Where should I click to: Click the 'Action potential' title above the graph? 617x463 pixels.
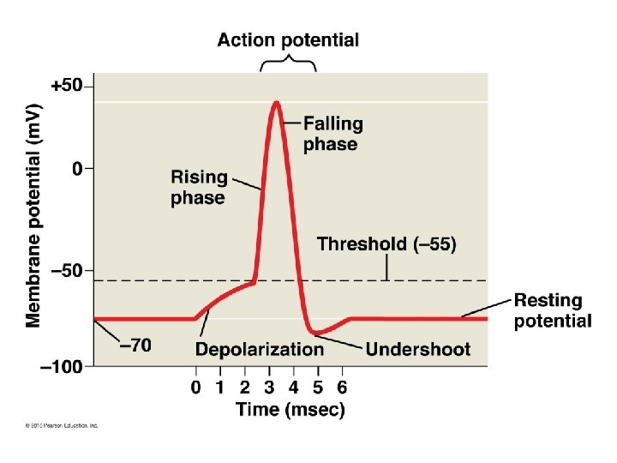click(x=288, y=39)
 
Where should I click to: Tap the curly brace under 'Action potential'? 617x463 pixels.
click(x=288, y=63)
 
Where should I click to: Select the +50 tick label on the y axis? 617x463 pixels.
click(x=68, y=87)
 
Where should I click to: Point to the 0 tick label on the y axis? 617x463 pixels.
click(x=78, y=170)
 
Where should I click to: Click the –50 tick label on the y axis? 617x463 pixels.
click(x=68, y=270)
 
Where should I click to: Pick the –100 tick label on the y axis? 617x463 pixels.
click(x=64, y=366)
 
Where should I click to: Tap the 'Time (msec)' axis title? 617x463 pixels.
click(x=291, y=410)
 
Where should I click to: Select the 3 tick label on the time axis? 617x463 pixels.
click(x=270, y=387)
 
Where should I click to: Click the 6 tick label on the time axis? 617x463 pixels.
click(x=343, y=387)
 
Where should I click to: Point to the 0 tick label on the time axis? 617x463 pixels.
click(x=196, y=387)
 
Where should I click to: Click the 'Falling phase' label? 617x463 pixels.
click(x=332, y=134)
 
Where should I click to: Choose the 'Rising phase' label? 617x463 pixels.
click(x=199, y=188)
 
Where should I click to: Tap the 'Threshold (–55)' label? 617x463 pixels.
click(x=386, y=244)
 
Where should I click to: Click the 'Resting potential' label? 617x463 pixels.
click(x=553, y=311)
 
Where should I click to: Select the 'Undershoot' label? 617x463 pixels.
click(x=418, y=349)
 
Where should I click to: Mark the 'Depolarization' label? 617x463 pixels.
click(x=260, y=349)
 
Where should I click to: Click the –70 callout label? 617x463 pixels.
click(x=135, y=346)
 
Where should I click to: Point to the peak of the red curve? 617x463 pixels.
click(x=276, y=103)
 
